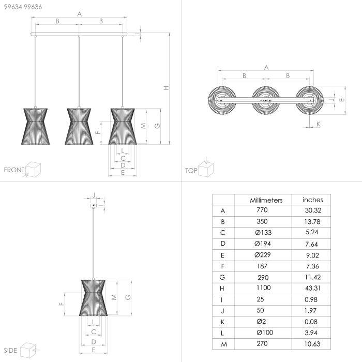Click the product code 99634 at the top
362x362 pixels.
[13, 7]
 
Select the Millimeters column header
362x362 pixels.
[266, 200]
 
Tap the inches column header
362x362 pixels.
[312, 200]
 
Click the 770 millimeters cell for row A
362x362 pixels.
[262, 210]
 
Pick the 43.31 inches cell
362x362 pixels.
[312, 288]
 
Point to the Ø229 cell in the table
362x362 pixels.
[263, 254]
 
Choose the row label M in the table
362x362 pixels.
[224, 344]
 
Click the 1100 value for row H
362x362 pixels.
[263, 288]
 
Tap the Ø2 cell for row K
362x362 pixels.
[261, 321]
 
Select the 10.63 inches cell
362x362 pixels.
[312, 344]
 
